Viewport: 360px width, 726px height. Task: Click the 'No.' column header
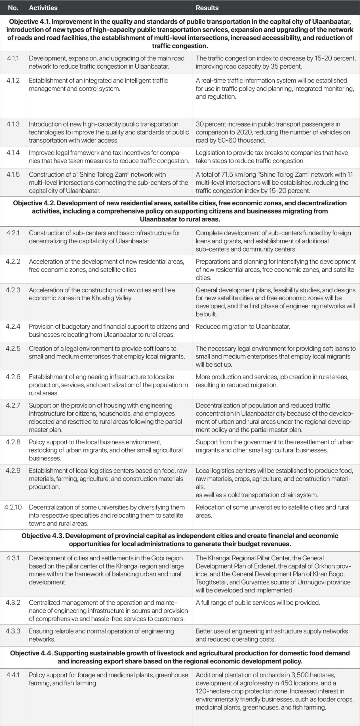coord(13,8)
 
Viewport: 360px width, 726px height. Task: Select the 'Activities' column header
coord(43,8)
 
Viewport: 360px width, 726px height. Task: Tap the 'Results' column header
coord(207,8)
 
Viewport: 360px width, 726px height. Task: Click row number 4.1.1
coord(13,58)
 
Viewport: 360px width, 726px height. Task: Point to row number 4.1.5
coord(13,174)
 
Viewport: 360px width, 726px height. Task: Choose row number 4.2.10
coord(13,507)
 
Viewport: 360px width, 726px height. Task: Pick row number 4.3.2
coord(13,603)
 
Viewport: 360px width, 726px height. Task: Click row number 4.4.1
coord(13,675)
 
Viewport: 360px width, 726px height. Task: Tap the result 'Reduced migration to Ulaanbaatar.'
coord(243,326)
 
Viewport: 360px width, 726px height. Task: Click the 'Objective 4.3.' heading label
coord(43,536)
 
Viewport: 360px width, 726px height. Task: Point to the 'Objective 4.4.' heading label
coord(31,653)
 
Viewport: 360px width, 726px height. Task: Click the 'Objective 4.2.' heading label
coord(34,203)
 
